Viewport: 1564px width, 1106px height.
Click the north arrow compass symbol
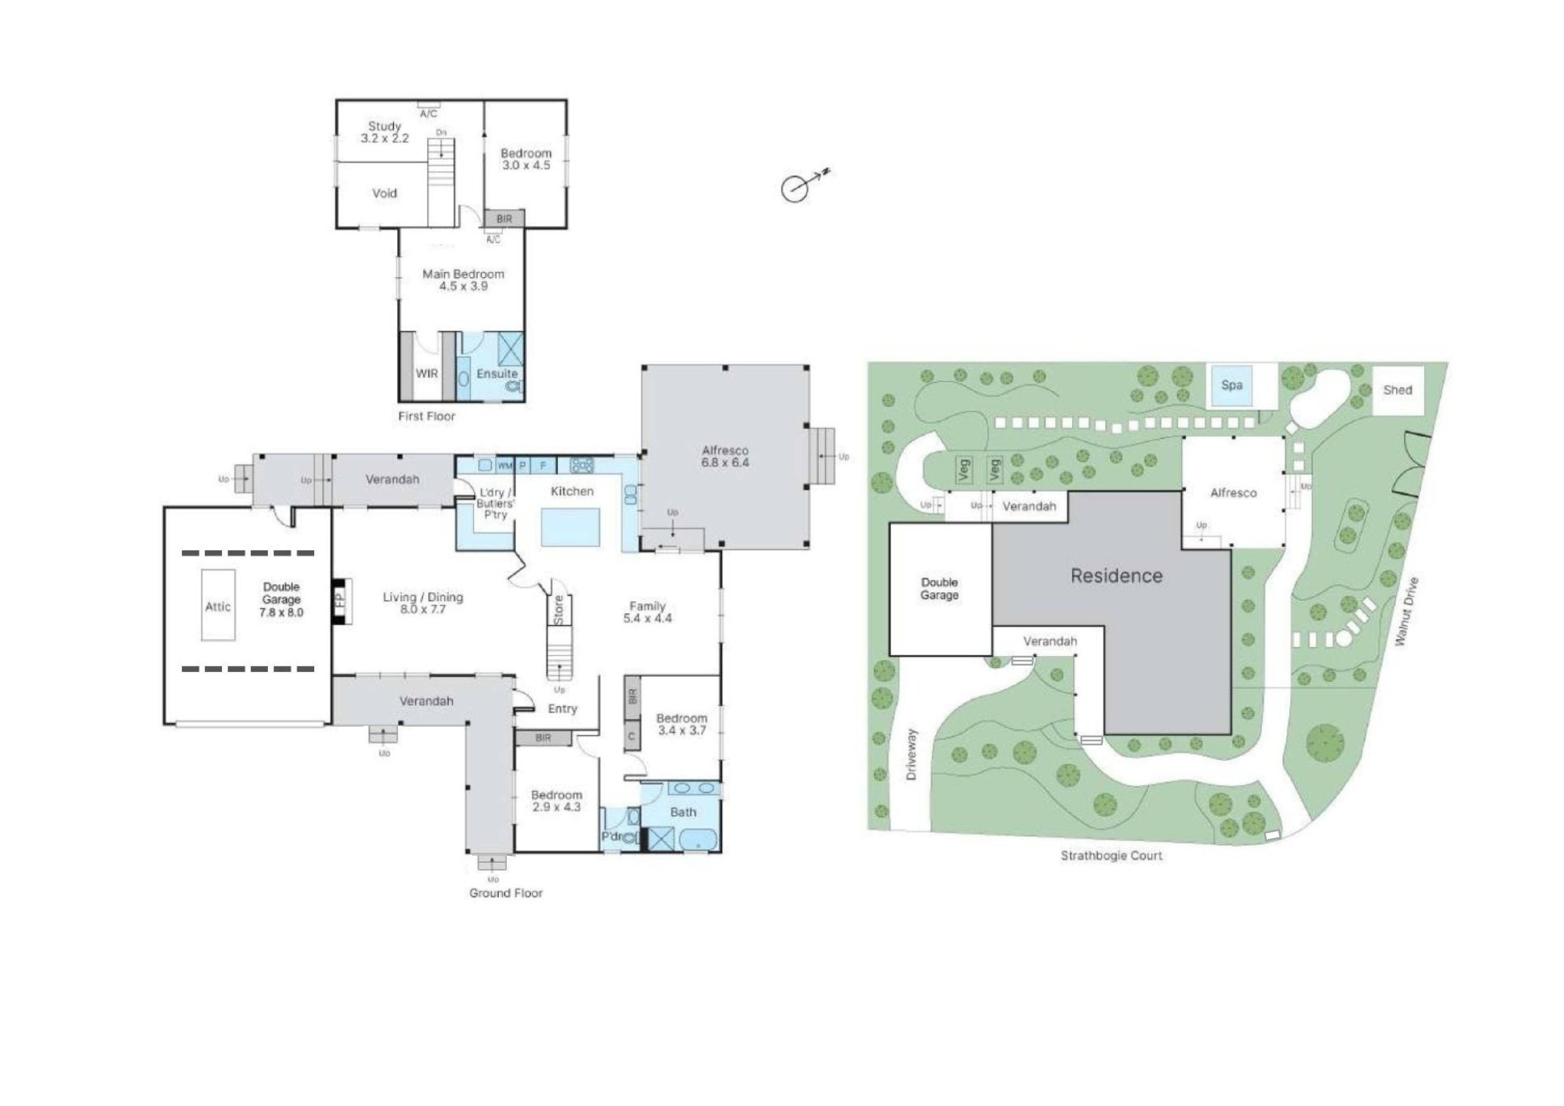[795, 188]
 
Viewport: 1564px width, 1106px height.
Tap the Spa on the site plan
[1231, 385]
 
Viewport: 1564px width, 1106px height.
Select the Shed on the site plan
[1397, 390]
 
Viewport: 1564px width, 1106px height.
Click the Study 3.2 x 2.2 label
[385, 132]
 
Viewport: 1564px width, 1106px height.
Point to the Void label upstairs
[384, 193]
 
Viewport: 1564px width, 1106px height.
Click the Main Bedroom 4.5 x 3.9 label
[463, 280]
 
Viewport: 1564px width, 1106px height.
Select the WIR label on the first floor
[427, 374]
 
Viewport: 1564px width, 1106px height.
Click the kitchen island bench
[570, 527]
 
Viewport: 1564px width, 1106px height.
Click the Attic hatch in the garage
[218, 605]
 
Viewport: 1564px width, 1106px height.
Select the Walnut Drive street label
[1406, 612]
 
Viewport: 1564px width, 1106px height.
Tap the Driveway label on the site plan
[912, 754]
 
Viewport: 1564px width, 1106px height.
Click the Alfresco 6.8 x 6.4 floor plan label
[725, 456]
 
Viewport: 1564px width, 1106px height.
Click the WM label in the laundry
[505, 465]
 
